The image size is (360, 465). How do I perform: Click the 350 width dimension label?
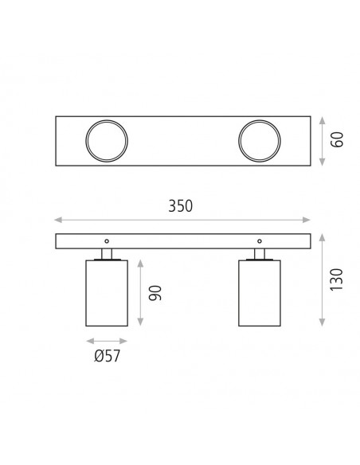pyautogui.click(x=180, y=205)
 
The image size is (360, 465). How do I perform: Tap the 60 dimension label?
pyautogui.click(x=337, y=139)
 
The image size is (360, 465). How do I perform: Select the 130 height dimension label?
pyautogui.click(x=336, y=279)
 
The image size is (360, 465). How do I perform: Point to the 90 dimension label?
pyautogui.click(x=155, y=293)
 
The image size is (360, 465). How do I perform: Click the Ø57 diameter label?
pyautogui.click(x=107, y=356)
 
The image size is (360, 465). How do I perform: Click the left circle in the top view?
pyautogui.click(x=86, y=141)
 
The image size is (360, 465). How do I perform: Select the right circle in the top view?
pyautogui.click(x=239, y=141)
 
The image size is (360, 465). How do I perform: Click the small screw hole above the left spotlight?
pyautogui.click(x=107, y=241)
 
